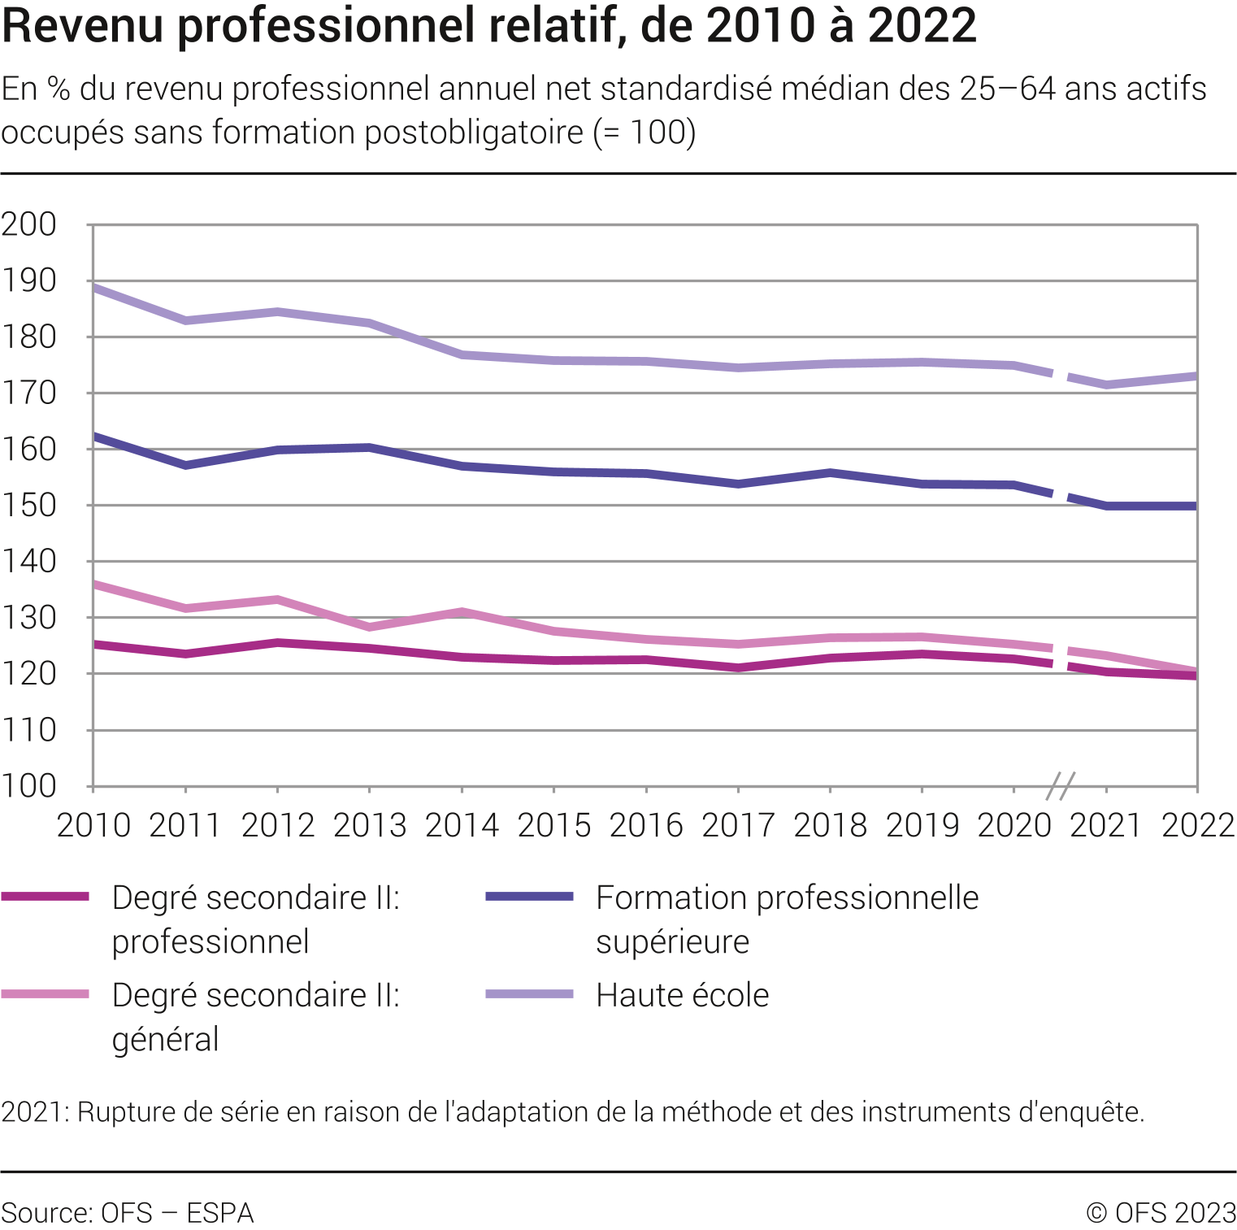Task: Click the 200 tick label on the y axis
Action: click(29, 224)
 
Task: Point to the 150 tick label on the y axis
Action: click(29, 506)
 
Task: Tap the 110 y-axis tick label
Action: click(29, 730)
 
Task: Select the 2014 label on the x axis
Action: click(462, 826)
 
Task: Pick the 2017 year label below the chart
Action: click(738, 826)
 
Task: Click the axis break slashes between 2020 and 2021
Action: click(1060, 786)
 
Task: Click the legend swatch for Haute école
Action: click(529, 994)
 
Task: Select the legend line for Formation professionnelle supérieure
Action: click(529, 897)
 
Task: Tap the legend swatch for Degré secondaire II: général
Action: click(46, 994)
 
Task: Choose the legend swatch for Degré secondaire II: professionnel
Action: click(46, 897)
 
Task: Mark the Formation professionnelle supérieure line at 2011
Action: click(186, 465)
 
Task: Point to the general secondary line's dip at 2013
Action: click(370, 627)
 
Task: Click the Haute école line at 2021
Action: click(1106, 385)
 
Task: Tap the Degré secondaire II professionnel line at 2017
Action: click(738, 668)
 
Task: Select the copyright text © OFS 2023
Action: click(1161, 1213)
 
